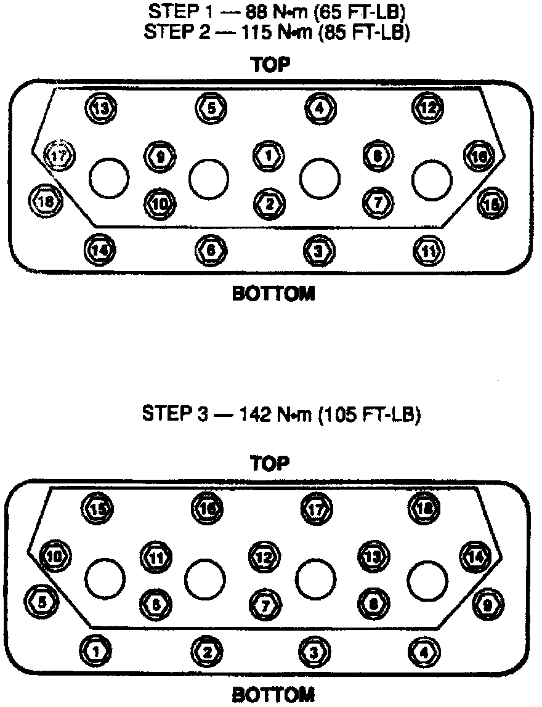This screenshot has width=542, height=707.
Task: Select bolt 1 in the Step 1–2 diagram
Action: [x=268, y=155]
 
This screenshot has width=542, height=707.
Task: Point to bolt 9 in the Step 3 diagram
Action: [x=487, y=604]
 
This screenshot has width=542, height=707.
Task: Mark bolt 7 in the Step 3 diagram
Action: [x=265, y=604]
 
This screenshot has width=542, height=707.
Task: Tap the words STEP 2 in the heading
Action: [x=169, y=33]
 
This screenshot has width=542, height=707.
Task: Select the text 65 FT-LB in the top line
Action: [x=370, y=12]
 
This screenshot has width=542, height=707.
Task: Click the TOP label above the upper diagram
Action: [x=270, y=65]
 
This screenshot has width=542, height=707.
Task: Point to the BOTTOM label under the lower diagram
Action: [x=273, y=695]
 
